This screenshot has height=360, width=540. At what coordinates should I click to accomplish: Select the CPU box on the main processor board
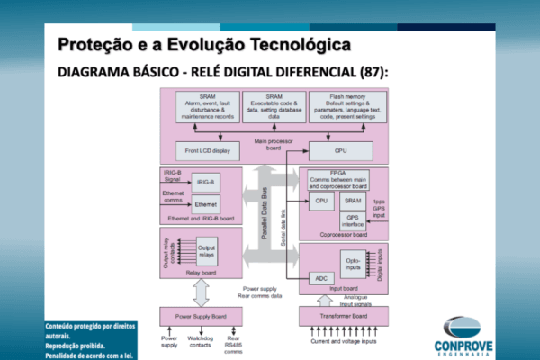coord(340,150)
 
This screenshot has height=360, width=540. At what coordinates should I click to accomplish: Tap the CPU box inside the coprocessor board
coord(319,201)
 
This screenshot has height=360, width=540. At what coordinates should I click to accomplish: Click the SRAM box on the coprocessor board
coord(353,201)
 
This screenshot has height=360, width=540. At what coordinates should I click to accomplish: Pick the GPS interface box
coord(353,220)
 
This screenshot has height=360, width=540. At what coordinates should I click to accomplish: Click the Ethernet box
coord(206,205)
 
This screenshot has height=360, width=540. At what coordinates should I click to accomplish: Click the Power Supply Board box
coord(201,316)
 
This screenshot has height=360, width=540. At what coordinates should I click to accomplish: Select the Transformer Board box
coord(343,316)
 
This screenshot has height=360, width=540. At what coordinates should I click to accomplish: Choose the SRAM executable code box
coord(274,106)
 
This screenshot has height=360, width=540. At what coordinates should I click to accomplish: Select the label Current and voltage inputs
coord(343,342)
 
